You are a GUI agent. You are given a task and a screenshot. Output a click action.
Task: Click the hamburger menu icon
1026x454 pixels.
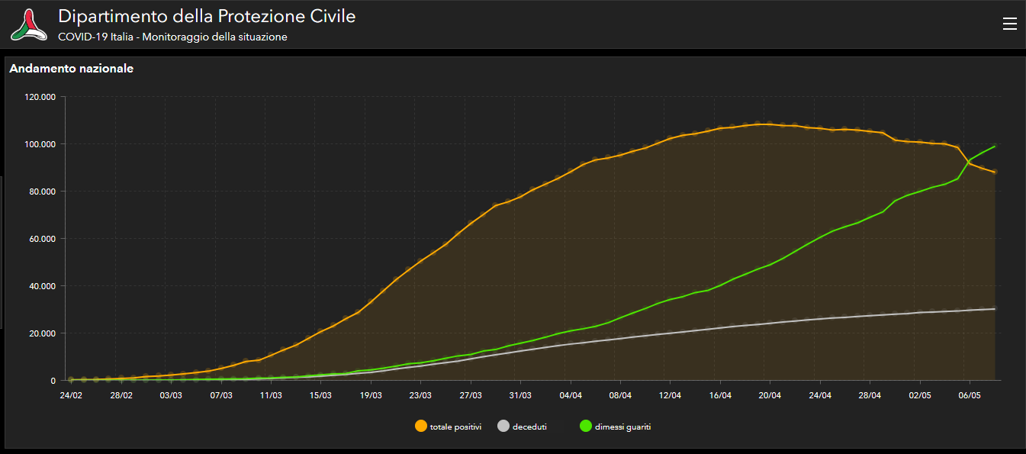coord(1009,24)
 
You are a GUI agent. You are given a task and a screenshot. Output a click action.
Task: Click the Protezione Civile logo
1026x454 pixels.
coord(28,24)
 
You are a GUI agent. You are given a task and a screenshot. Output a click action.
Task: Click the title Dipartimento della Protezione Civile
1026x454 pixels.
coord(207,16)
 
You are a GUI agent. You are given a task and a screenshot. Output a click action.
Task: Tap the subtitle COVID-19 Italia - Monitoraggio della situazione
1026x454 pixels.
coord(172,37)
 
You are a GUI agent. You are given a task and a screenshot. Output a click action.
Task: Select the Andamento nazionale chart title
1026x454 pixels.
coord(72,69)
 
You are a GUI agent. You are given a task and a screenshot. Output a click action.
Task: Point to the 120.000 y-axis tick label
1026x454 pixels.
coord(41,97)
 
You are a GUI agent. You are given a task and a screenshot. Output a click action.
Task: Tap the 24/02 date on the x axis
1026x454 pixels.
coord(71,395)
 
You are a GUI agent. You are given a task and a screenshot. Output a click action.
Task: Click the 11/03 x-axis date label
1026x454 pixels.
coord(271,395)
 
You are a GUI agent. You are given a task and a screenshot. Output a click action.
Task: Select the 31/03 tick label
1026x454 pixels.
coord(520,395)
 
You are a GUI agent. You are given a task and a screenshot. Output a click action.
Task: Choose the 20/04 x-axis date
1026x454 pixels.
coord(770,395)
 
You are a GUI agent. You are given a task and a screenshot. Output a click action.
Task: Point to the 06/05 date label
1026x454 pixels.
coord(970,395)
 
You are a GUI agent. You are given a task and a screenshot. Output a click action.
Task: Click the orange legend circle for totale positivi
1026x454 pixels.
coord(420,427)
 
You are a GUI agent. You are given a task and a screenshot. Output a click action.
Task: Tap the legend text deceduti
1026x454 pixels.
coord(529,427)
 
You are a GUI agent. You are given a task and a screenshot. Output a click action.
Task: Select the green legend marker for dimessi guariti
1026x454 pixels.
coord(585,427)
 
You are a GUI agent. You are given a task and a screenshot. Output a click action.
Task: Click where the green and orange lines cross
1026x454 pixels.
coord(968,162)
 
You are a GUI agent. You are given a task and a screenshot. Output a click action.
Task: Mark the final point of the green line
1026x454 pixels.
coord(995,146)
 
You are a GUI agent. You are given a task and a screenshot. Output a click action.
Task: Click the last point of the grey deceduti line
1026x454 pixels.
coord(995,309)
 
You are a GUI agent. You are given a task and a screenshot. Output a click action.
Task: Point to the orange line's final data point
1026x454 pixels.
coord(995,172)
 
